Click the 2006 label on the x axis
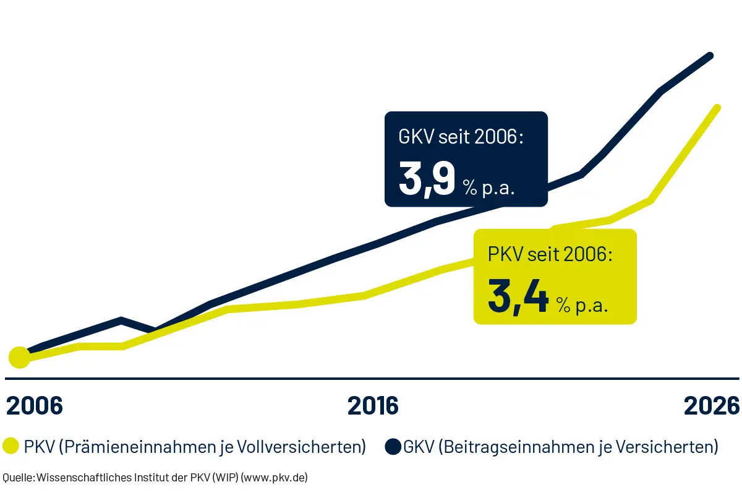pyautogui.click(x=35, y=406)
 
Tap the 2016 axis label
pyautogui.click(x=373, y=406)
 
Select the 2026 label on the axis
pyautogui.click(x=711, y=406)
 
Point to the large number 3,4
pyautogui.click(x=518, y=297)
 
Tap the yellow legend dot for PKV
pyautogui.click(x=11, y=447)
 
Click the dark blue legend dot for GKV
pyautogui.click(x=393, y=447)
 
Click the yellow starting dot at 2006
pyautogui.click(x=19, y=357)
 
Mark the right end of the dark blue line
pyautogui.click(x=711, y=56)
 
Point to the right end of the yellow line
pyautogui.click(x=717, y=107)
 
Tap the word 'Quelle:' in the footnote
pyautogui.click(x=19, y=477)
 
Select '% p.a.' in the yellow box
pyautogui.click(x=581, y=304)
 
